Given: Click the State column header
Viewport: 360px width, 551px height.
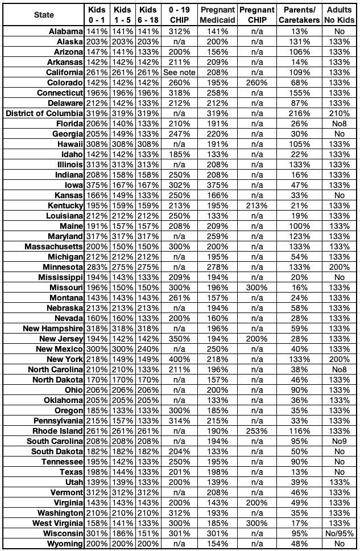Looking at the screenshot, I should coord(44,15).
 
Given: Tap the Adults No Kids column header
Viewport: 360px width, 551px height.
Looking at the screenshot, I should coord(339,15).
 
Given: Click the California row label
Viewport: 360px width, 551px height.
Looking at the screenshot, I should coord(62,72).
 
